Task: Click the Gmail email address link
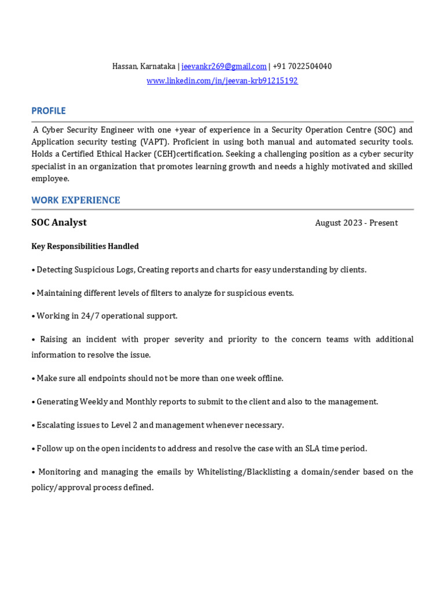click(x=224, y=67)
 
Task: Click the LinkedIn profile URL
click(x=222, y=81)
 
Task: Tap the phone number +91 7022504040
click(x=302, y=67)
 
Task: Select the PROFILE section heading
click(x=49, y=111)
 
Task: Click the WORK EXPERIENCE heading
click(x=76, y=201)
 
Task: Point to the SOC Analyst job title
click(x=59, y=223)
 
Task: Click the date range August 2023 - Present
click(x=356, y=223)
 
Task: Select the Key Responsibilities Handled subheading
click(x=85, y=247)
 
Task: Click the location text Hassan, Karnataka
click(x=144, y=67)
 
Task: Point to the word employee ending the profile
click(x=50, y=179)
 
